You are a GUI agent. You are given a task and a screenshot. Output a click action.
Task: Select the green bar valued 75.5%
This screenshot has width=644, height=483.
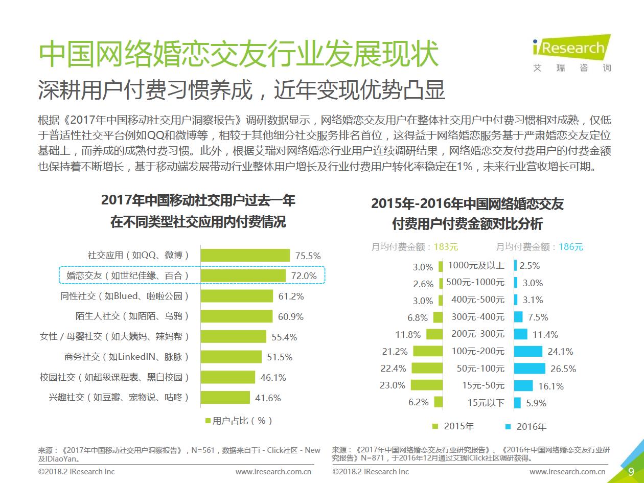(245, 255)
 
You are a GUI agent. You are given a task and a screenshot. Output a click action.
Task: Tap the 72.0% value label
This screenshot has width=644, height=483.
(304, 276)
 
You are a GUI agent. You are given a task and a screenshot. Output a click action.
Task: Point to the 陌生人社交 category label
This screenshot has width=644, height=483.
(132, 316)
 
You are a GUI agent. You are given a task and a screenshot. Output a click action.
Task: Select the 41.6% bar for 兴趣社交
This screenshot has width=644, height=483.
(225, 398)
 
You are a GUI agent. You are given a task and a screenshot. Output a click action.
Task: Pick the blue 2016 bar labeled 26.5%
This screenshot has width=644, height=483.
(530, 369)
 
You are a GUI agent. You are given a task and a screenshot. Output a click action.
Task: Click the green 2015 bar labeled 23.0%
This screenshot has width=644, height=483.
(426, 385)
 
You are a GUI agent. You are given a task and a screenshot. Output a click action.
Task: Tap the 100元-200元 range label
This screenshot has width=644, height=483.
(478, 351)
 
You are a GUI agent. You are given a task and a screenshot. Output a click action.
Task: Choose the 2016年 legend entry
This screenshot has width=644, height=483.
(526, 427)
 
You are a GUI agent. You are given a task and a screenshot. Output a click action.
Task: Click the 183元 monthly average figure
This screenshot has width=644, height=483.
(446, 247)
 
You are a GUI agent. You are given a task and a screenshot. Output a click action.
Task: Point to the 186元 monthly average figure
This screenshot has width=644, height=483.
(570, 247)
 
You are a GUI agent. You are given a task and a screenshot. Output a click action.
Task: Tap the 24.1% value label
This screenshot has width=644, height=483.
(560, 352)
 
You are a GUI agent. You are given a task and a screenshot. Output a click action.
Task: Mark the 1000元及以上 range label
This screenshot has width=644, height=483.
(476, 265)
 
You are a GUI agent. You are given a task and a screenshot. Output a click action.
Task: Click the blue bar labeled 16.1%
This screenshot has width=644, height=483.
(523, 386)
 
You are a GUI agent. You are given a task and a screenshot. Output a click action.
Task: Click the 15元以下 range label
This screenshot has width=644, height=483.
(486, 403)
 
